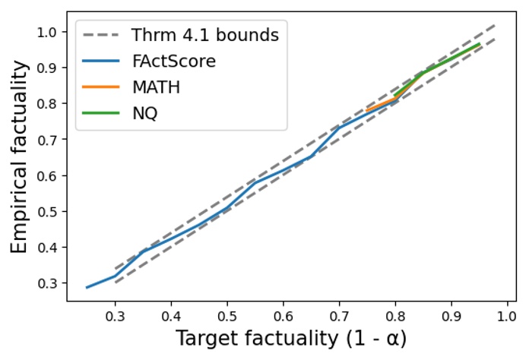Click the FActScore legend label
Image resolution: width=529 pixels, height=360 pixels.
(x=173, y=62)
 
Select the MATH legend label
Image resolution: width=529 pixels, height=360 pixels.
(x=156, y=87)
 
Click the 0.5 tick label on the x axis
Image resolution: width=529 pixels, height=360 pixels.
(x=227, y=314)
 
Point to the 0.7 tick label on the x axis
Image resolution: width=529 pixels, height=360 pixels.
(x=339, y=314)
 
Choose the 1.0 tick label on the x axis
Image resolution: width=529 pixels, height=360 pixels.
(x=507, y=314)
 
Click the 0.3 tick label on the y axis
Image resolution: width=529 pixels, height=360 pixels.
(x=47, y=283)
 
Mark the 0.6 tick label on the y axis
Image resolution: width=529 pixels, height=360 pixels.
(x=47, y=175)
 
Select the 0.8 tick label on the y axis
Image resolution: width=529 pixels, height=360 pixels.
(x=47, y=103)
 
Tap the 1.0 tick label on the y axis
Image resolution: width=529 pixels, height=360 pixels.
(x=47, y=32)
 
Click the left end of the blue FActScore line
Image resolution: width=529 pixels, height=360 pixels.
(x=87, y=287)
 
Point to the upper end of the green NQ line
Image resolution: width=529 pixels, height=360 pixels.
(x=479, y=44)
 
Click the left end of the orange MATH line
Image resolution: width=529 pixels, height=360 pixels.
(x=367, y=111)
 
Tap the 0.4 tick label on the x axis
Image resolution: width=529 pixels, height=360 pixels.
(x=171, y=314)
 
